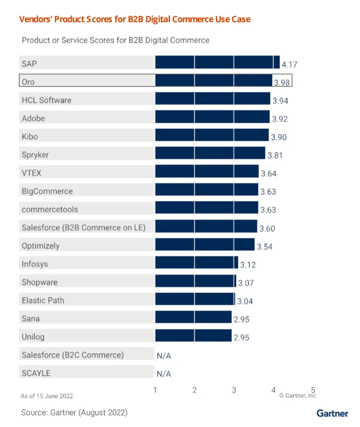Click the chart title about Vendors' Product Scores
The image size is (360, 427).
[135, 19]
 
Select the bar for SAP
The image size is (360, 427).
[217, 63]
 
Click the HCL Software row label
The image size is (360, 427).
[46, 100]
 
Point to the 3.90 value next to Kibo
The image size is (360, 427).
[279, 137]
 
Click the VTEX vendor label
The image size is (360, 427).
[31, 173]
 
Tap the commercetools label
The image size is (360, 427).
[50, 209]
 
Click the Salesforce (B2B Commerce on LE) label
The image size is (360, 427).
[83, 227]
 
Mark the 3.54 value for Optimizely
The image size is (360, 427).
[265, 247]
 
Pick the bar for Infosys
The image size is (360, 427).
[196, 263]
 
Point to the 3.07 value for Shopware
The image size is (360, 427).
[247, 283]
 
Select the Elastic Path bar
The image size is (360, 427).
[195, 299]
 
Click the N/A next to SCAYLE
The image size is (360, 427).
[164, 374]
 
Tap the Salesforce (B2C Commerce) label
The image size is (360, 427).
[72, 355]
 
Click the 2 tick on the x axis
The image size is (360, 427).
[195, 390]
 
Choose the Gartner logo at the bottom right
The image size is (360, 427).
[332, 413]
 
